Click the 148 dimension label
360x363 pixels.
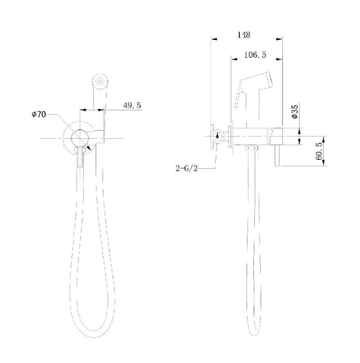pyautogui.click(x=243, y=35)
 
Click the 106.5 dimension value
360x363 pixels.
pyautogui.click(x=255, y=55)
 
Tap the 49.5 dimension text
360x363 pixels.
pyautogui.click(x=132, y=106)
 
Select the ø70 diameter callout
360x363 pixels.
pyautogui.click(x=39, y=114)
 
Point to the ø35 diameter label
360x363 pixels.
pyautogui.click(x=295, y=111)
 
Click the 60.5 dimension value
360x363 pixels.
pyautogui.click(x=319, y=151)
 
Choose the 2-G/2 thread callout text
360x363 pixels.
pyautogui.click(x=186, y=168)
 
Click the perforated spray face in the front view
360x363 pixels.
pyautogui.click(x=100, y=81)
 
